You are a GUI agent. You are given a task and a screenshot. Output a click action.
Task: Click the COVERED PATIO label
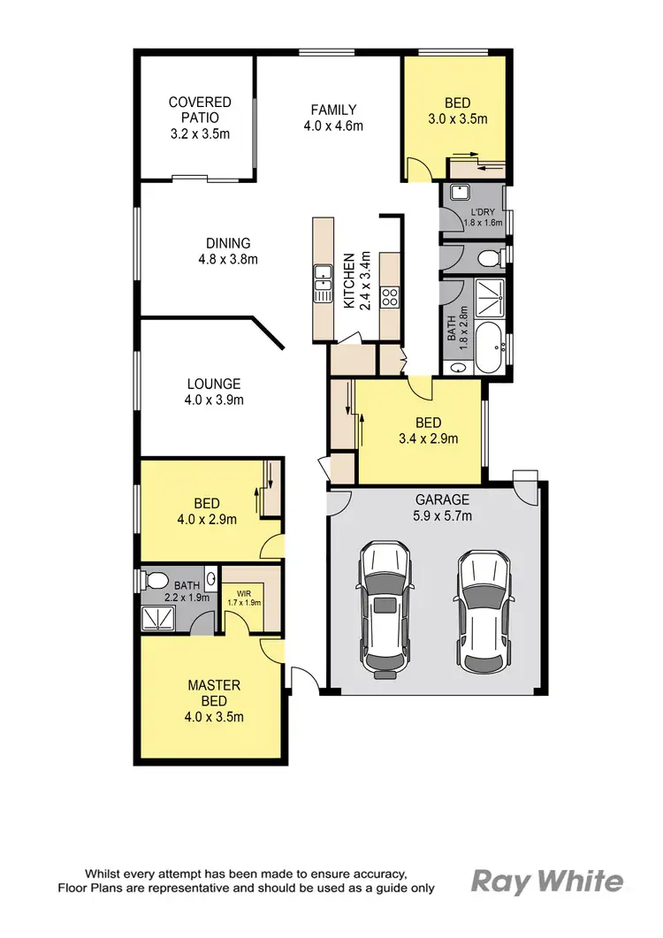[200, 111]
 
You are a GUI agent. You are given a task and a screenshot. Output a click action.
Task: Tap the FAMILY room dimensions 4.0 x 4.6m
[333, 126]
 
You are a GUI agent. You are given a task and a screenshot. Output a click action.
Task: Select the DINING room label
[228, 243]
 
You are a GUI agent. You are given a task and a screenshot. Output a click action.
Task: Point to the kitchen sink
[323, 284]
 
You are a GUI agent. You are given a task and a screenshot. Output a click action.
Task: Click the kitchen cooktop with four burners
[390, 298]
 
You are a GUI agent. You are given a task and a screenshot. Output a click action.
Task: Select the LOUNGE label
[214, 384]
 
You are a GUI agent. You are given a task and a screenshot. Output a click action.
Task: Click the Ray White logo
[546, 881]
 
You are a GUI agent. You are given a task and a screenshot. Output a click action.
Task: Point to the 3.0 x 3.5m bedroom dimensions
[457, 118]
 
